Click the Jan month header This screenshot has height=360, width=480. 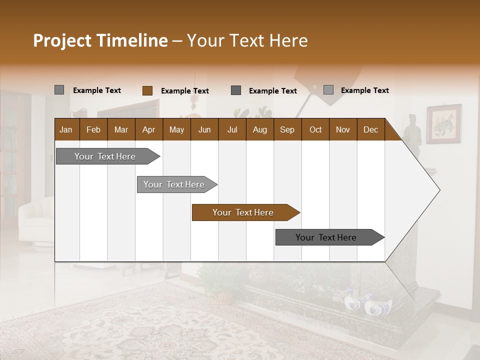pos(66,129)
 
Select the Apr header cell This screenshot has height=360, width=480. pos(148,129)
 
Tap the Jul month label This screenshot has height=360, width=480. pos(232,129)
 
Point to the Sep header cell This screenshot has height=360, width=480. pos(287,129)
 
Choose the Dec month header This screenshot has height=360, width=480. pos(370,129)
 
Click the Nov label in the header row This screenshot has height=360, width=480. pos(342,129)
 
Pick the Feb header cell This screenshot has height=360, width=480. pos(93,129)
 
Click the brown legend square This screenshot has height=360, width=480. pos(147,90)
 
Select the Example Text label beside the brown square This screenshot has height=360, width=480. pos(184,91)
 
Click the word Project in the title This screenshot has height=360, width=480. pos(62,40)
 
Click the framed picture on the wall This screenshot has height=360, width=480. pos(443,123)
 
